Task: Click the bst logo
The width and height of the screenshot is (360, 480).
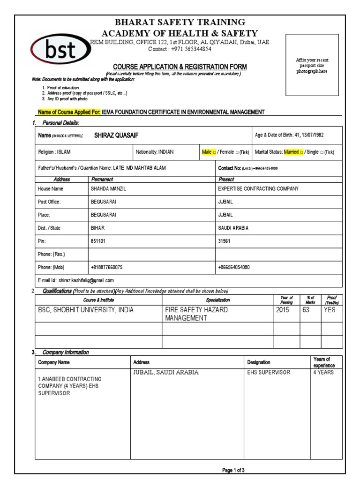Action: pyautogui.click(x=60, y=51)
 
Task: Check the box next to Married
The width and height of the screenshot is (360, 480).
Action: pyautogui.click(x=301, y=152)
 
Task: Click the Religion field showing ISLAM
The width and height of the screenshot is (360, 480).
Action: pyautogui.click(x=54, y=152)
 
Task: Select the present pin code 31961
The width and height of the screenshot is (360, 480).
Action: pyautogui.click(x=225, y=241)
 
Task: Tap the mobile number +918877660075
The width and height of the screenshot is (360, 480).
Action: pyautogui.click(x=107, y=267)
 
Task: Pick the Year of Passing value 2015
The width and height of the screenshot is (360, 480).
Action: pyautogui.click(x=283, y=310)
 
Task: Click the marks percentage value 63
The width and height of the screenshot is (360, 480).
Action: pyautogui.click(x=306, y=310)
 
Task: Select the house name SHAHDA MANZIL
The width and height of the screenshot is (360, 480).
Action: pyautogui.click(x=108, y=189)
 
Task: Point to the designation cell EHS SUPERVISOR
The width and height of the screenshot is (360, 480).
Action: pyautogui.click(x=269, y=373)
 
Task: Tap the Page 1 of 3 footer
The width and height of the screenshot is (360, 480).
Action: pyautogui.click(x=233, y=470)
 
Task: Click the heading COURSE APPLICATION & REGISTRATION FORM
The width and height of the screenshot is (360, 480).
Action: pyautogui.click(x=180, y=67)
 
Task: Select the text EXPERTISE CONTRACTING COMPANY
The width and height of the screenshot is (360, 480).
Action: pyautogui.click(x=258, y=189)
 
